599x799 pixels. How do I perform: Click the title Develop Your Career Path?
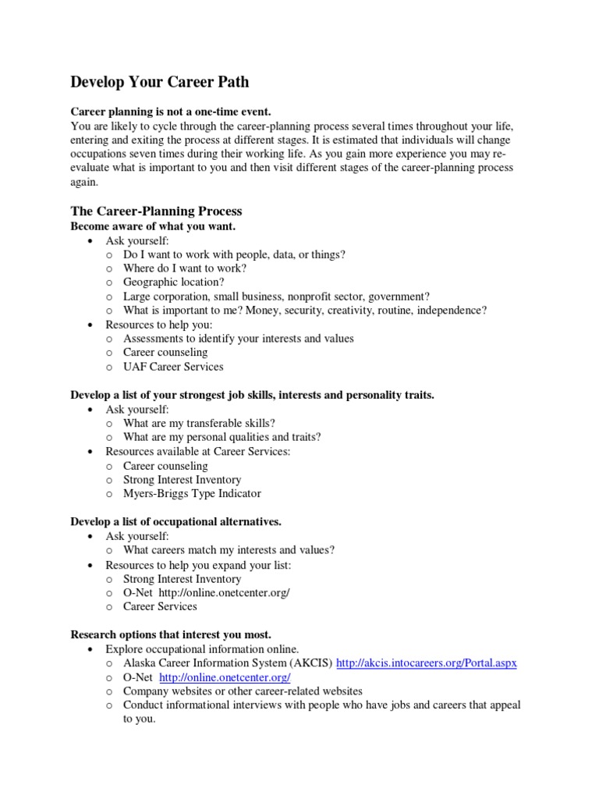pos(160,82)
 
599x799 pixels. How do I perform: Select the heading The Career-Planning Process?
pos(156,211)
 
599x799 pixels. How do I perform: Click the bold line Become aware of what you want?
pos(153,226)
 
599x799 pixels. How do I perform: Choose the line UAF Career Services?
pos(172,367)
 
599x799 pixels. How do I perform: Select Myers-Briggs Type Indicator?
pos(192,494)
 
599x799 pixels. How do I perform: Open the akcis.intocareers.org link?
pos(427,663)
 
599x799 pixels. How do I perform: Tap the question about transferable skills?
pos(199,424)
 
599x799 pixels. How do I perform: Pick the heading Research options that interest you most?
pos(171,634)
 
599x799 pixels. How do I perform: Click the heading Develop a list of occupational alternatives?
pos(175,521)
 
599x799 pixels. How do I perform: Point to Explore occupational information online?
pos(202,649)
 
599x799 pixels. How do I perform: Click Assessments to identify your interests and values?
pos(238,339)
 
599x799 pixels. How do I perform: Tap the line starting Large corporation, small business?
pos(276,297)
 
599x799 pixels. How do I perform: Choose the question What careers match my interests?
pos(229,550)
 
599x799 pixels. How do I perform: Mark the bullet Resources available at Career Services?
pos(197,452)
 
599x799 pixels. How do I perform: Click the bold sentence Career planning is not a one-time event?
pos(170,112)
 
